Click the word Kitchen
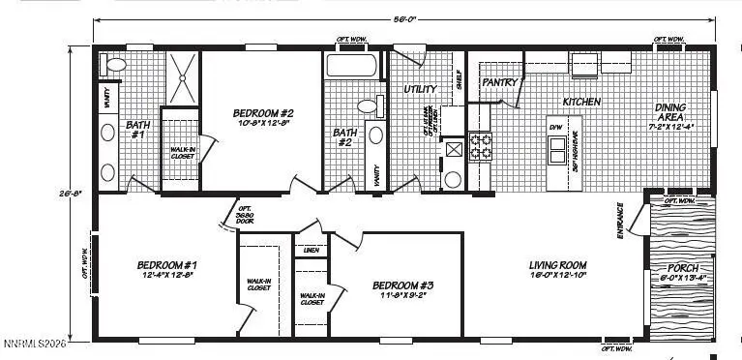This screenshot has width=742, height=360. (x=581, y=102)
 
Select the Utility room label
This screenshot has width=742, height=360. (x=421, y=89)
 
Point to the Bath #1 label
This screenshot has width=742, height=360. (x=136, y=129)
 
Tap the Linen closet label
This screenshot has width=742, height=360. (x=311, y=251)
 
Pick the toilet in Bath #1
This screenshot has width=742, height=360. (x=115, y=65)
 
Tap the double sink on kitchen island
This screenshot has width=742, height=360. (x=556, y=149)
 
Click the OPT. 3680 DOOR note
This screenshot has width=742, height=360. (x=245, y=214)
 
